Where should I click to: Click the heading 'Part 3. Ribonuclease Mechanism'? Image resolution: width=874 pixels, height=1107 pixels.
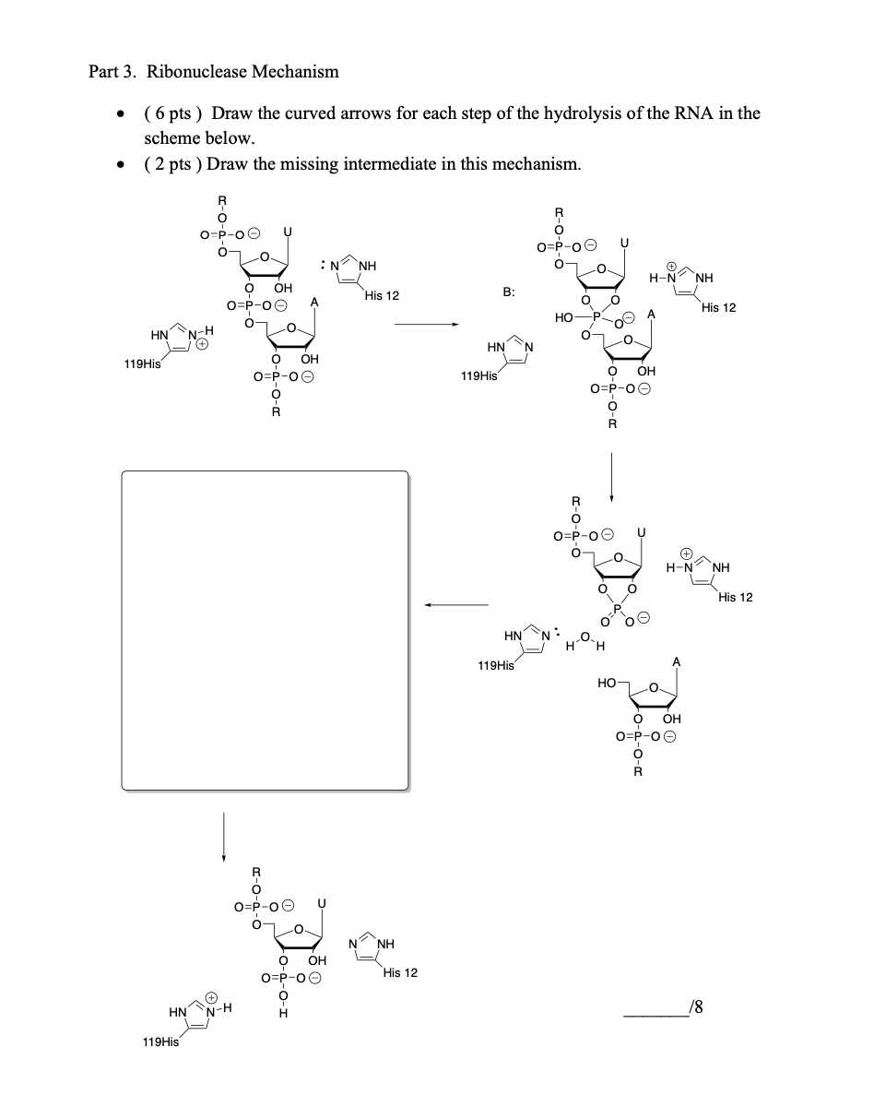[x=213, y=71]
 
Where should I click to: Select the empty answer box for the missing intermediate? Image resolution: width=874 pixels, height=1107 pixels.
[x=266, y=630]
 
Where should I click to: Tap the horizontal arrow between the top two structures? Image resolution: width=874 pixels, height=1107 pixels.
[x=426, y=324]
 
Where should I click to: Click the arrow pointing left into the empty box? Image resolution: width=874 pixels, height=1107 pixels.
[x=455, y=605]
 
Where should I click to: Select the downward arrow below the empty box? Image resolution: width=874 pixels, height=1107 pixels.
[x=224, y=836]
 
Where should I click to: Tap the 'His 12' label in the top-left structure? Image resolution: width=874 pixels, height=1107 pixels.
[x=381, y=296]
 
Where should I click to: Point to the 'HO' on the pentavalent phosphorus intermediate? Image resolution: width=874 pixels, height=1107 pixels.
[x=565, y=317]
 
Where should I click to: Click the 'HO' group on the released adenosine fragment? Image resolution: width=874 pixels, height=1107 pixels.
[x=607, y=683]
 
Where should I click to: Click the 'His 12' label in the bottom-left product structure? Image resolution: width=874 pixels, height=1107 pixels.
[x=400, y=972]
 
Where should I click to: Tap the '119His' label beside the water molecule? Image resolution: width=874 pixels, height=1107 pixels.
[x=496, y=664]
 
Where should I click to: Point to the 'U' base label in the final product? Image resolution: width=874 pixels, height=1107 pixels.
[x=322, y=902]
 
